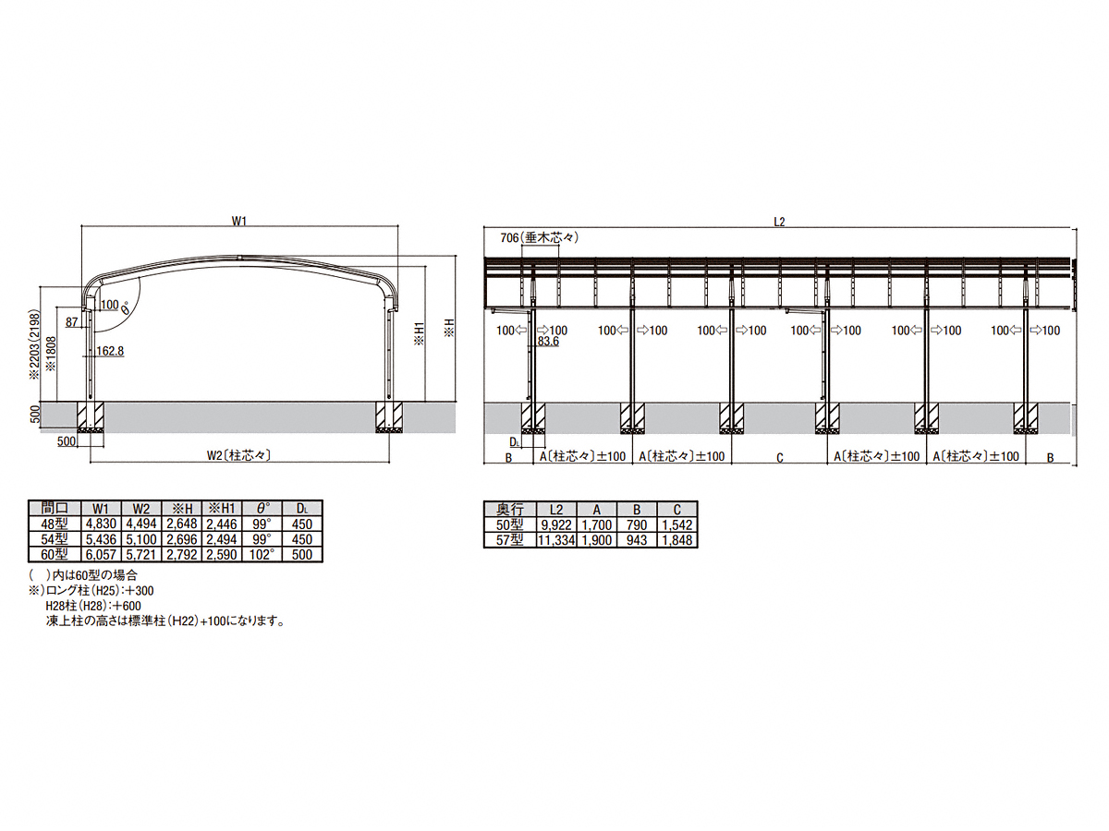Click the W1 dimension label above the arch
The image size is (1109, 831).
coord(238,221)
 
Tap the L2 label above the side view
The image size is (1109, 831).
coord(780,222)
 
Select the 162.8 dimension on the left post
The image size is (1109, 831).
coord(110,351)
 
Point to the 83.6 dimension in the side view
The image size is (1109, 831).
coord(548,342)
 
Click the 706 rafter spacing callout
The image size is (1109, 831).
coord(539,237)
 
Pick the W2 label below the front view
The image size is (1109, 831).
coord(239,455)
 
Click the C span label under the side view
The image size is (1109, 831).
coord(780,458)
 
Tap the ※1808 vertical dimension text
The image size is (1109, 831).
coord(51,354)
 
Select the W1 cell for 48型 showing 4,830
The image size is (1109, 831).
coord(102,524)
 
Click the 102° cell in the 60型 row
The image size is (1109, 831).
coord(262,554)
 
